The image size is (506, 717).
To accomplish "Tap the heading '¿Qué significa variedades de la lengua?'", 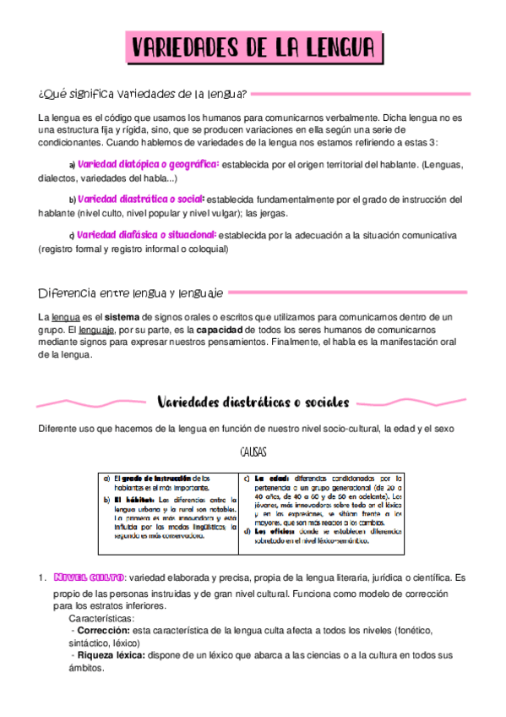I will [x=143, y=92].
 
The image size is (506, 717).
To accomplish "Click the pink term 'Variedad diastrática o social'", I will [x=147, y=200].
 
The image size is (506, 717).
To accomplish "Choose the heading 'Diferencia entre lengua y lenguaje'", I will [x=131, y=293].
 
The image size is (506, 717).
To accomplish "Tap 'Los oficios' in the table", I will [x=271, y=531].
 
